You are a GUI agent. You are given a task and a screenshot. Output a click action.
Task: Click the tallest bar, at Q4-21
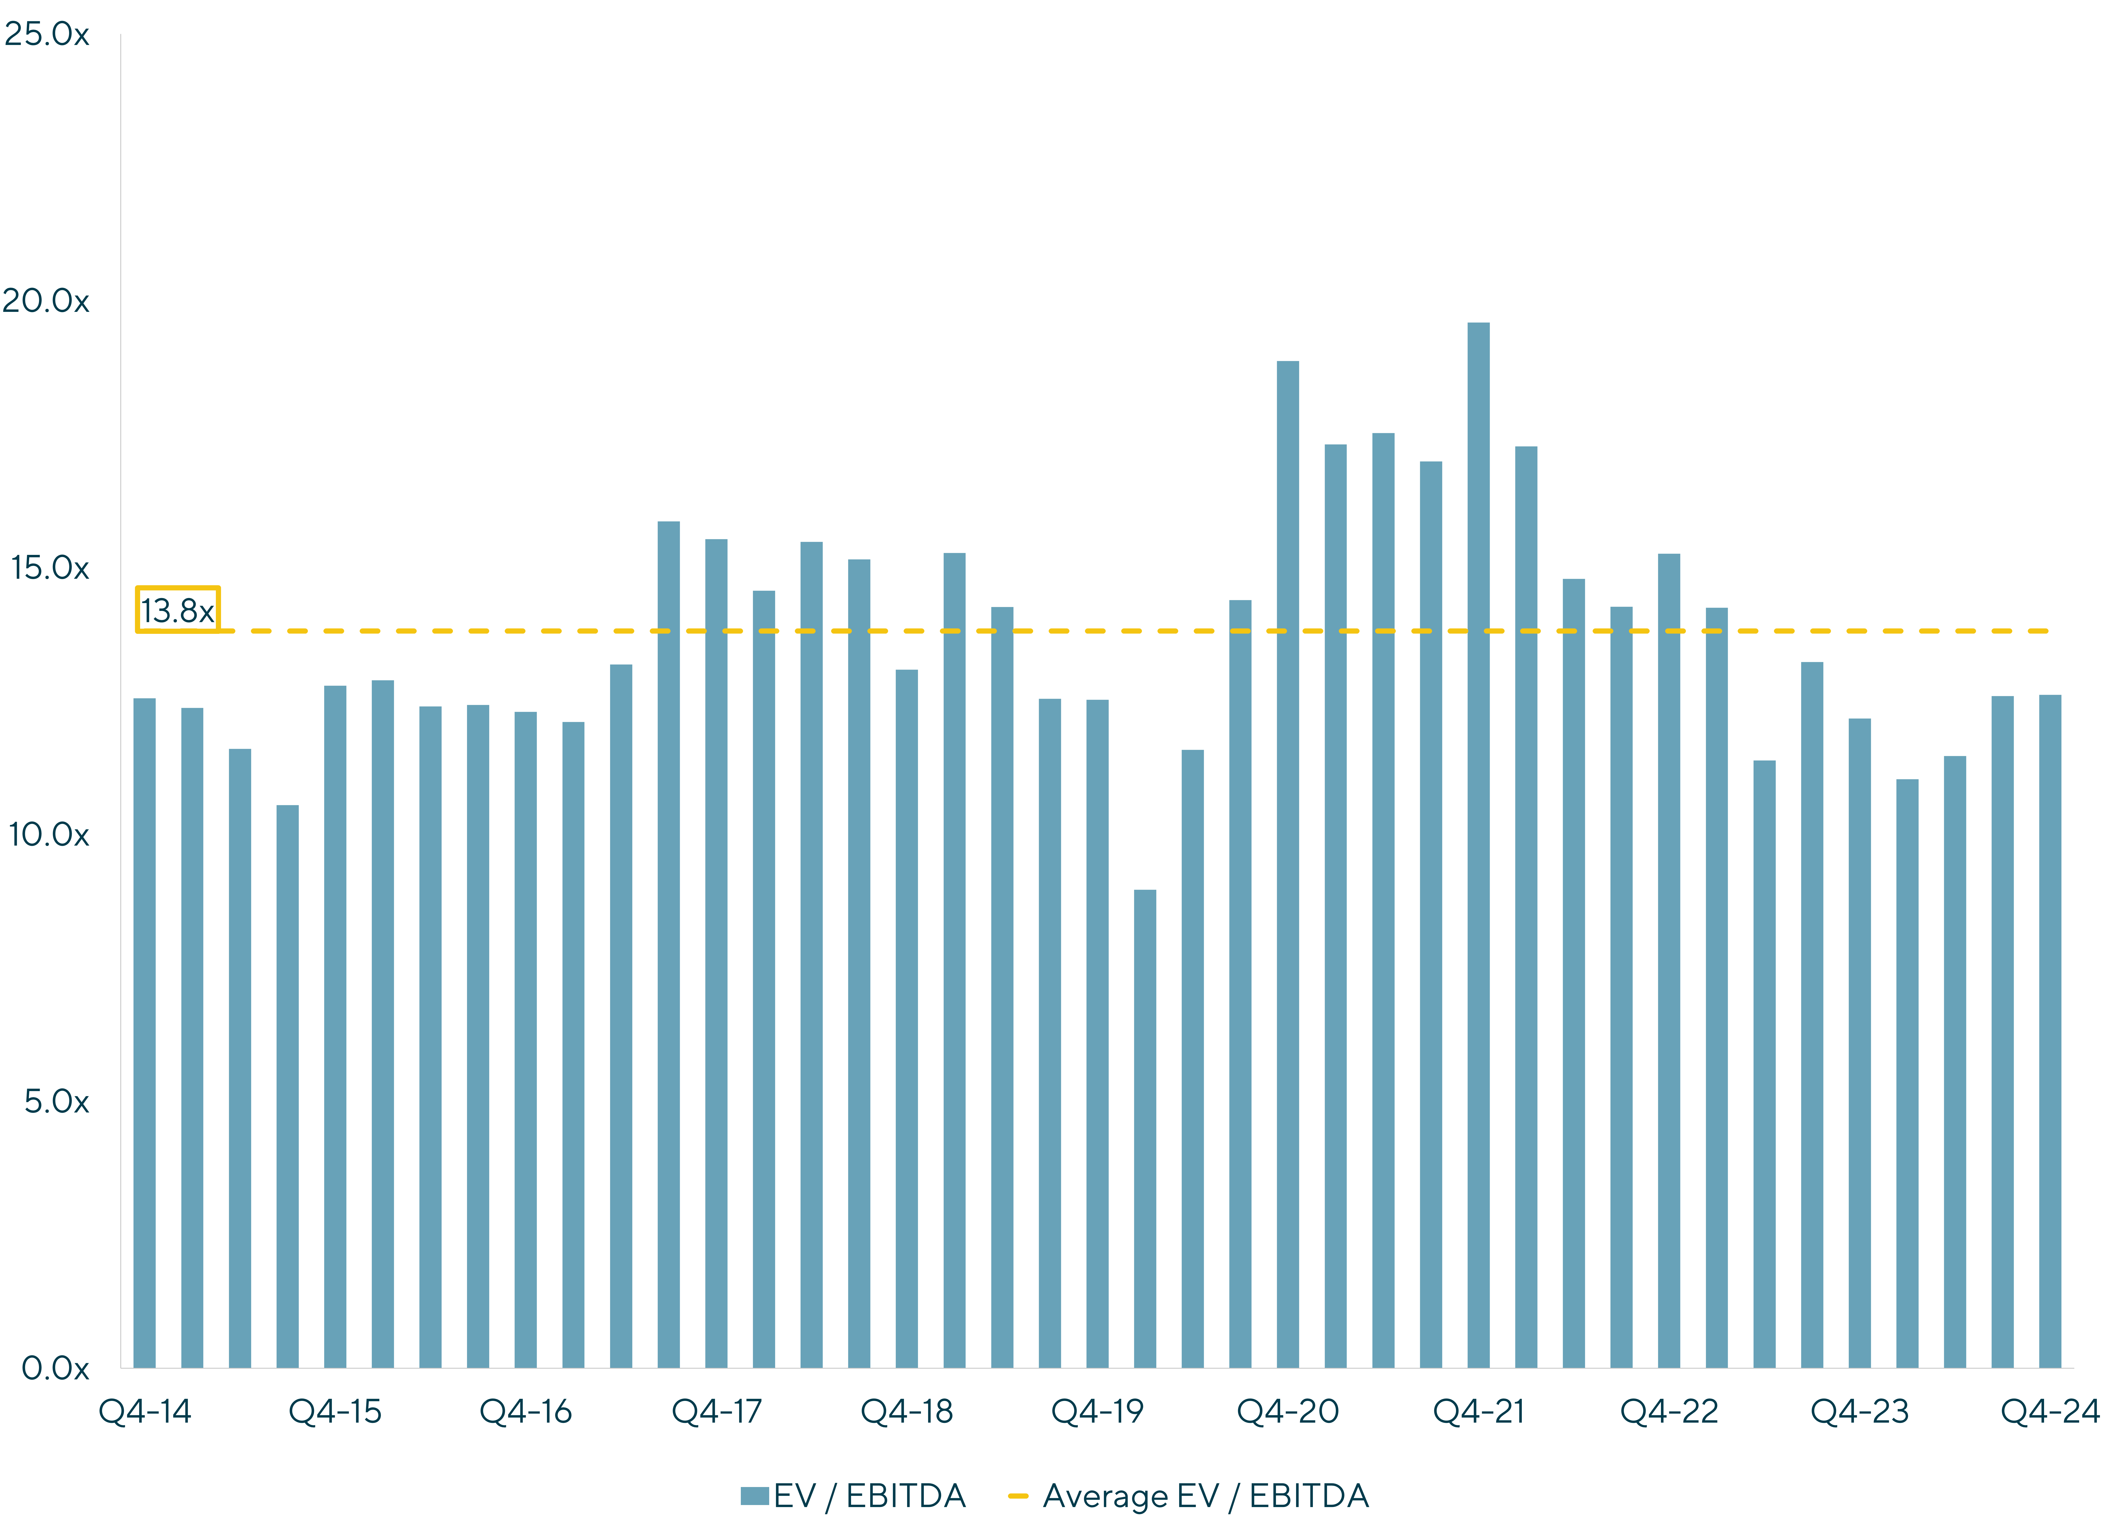(x=1478, y=845)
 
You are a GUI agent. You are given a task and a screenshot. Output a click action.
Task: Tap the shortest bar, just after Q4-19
(x=1145, y=1129)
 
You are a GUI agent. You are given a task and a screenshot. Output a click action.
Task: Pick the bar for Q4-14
(x=145, y=1033)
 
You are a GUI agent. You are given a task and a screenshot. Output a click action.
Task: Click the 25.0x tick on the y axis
(x=46, y=34)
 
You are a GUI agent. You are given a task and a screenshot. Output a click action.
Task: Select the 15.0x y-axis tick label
(x=50, y=567)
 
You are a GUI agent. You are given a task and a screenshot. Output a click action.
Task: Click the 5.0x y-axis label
(x=57, y=1102)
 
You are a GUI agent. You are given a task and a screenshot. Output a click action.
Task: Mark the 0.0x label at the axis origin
(x=56, y=1368)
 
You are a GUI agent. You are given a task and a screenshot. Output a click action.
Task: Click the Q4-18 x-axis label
(x=907, y=1412)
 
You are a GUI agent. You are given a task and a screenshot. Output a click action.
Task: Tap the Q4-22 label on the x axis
(x=1670, y=1412)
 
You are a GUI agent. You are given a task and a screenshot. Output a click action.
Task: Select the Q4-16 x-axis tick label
(x=525, y=1412)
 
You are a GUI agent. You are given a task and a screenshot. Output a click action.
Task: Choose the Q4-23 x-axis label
(x=1860, y=1412)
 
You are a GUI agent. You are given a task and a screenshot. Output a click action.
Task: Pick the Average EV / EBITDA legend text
(x=1206, y=1496)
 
